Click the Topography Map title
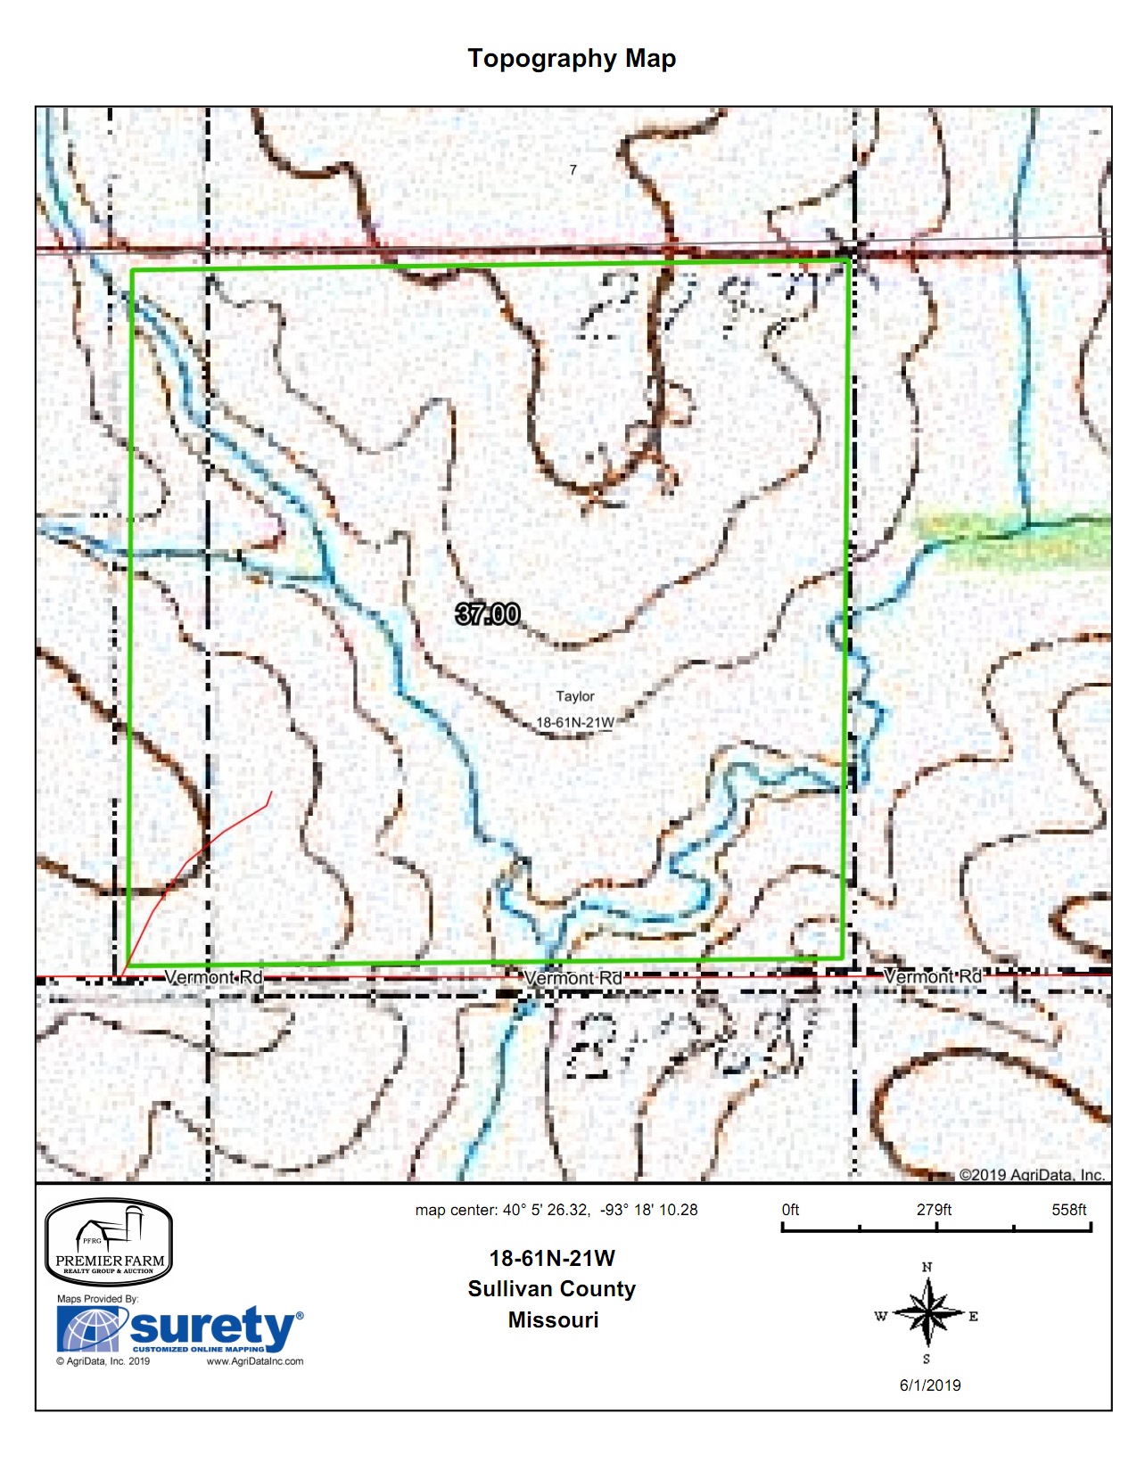coord(572,59)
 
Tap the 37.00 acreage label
coord(487,614)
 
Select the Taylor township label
coord(574,696)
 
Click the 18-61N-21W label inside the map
coord(574,722)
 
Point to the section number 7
coord(573,169)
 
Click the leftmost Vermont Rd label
coord(214,977)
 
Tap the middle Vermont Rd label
coord(573,978)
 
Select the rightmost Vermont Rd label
coord(932,976)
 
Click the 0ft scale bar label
coord(790,1210)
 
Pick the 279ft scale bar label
coord(934,1210)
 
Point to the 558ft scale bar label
coord(1068,1210)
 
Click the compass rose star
coord(927,1313)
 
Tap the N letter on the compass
coord(927,1267)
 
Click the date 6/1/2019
coord(930,1385)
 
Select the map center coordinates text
coord(556,1210)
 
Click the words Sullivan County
coord(552,1289)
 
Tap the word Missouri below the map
coord(553,1320)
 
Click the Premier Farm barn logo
coord(109,1242)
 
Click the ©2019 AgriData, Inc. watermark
coord(1032,1175)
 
